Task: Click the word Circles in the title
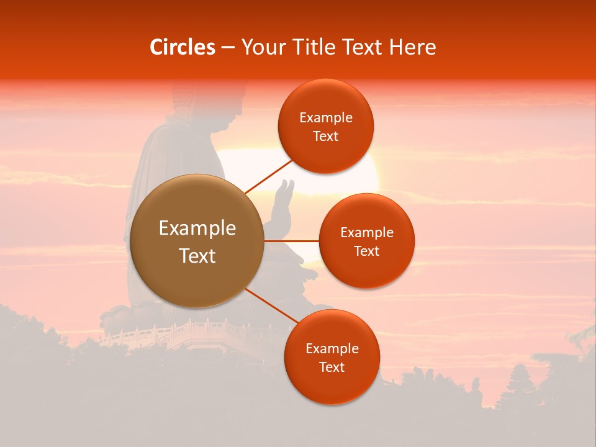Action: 182,47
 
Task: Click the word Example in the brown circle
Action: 197,228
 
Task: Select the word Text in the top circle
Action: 325,137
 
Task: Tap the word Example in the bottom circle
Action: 332,349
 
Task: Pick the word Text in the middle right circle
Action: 366,251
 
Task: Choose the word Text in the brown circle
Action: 197,256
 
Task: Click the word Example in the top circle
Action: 325,118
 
